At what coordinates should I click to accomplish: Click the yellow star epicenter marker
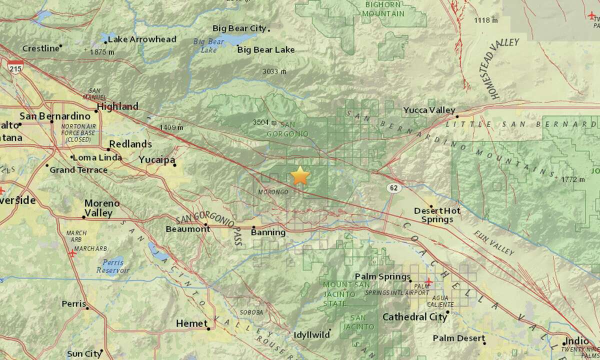tap(299, 176)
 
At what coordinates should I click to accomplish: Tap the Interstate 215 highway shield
tap(15, 67)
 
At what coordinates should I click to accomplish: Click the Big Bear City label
tap(240, 28)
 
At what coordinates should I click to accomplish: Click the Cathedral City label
tap(413, 316)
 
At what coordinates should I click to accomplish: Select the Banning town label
tap(268, 232)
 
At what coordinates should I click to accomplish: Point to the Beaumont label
tap(187, 228)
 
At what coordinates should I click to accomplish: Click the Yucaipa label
tap(155, 159)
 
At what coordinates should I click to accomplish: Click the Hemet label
tap(191, 324)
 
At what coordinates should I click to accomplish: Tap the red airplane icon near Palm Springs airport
tap(427, 282)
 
